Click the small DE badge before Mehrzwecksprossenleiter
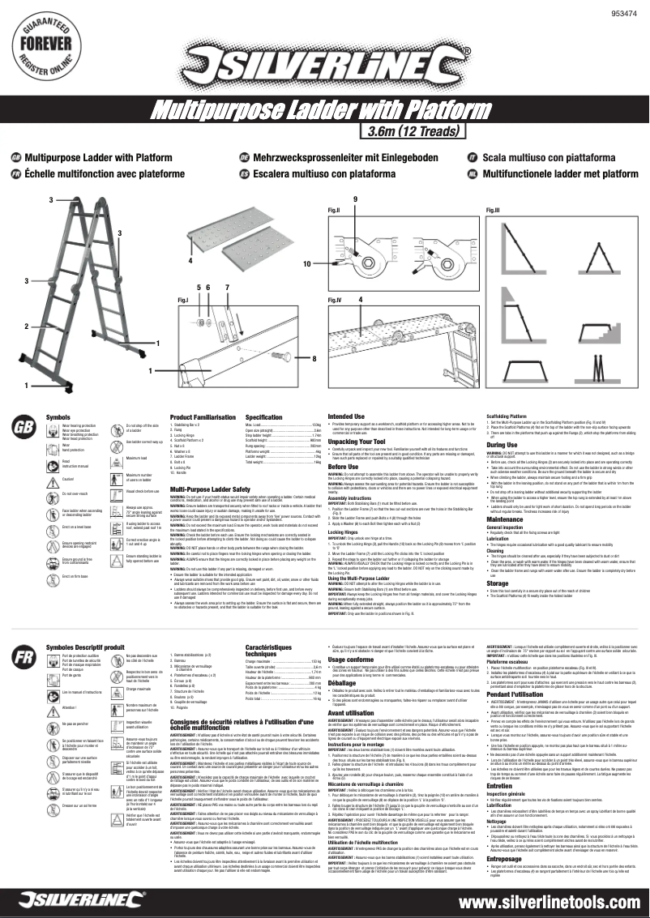click(x=243, y=156)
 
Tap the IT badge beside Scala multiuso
click(x=473, y=156)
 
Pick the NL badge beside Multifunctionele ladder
click(x=473, y=173)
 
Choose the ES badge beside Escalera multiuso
click(x=243, y=173)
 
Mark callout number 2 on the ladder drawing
click(x=26, y=327)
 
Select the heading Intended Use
click(x=346, y=416)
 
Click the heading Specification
click(x=263, y=416)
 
